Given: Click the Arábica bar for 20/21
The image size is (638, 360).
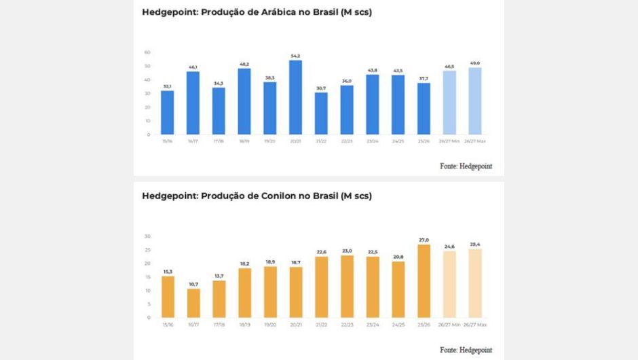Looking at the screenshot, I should pos(296,97).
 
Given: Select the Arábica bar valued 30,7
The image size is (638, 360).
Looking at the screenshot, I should pos(321,113).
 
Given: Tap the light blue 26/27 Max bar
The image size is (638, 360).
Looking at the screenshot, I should pos(475,101).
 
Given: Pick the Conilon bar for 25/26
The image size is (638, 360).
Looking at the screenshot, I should pos(424,281).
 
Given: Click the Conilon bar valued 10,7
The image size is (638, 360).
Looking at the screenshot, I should pos(193,303).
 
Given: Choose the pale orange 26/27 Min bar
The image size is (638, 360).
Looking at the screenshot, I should pos(449,284).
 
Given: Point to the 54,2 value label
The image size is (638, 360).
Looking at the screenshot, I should pos(296,56).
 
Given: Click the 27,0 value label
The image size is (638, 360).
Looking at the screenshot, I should pos(424,240).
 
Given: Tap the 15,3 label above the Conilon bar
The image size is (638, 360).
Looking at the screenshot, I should pos(168,271).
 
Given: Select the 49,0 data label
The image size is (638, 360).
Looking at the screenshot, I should pos(475,62).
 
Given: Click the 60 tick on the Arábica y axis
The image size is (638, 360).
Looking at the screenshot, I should pos(147,52).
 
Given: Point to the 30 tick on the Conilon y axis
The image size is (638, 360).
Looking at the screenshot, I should pos(147,236).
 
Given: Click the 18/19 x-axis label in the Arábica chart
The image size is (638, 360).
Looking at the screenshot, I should pos(244,141).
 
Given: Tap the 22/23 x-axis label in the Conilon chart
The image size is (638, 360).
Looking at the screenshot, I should pos(347,324).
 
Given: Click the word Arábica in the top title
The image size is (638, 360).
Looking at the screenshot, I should pos(284,12).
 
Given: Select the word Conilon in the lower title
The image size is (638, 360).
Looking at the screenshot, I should pos(284,196).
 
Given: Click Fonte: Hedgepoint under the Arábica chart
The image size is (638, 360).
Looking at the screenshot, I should pos(466,166).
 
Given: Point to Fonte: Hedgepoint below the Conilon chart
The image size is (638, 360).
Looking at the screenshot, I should pos(466,349).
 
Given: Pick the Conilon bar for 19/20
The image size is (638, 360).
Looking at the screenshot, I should pos(270,291).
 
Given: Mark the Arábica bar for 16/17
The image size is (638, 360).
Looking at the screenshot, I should pos(193,103).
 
